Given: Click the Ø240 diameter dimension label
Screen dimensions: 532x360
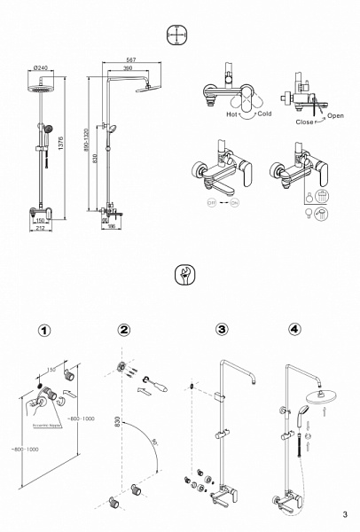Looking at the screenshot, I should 40,67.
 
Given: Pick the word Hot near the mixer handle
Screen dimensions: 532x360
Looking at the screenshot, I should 232,114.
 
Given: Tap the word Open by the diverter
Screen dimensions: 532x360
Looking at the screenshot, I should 335,116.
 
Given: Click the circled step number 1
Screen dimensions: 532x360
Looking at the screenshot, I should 45,330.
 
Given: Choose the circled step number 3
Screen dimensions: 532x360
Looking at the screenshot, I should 221,330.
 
